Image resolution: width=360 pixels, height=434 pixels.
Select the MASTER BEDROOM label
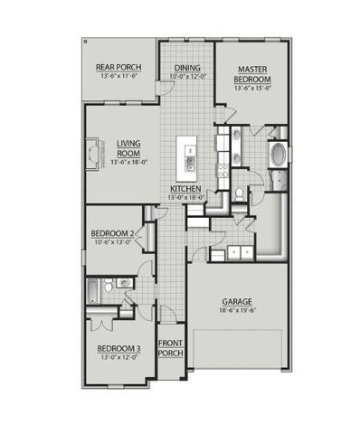tap(254, 73)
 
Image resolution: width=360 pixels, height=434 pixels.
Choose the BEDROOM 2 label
tap(113, 233)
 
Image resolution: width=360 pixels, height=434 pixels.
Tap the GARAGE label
tap(239, 301)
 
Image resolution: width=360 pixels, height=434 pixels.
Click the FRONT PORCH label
tap(171, 348)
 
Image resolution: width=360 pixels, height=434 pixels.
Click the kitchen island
tap(190, 156)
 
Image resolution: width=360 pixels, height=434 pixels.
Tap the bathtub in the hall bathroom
tap(93, 288)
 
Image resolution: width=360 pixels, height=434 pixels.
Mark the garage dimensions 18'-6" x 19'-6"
tap(239, 310)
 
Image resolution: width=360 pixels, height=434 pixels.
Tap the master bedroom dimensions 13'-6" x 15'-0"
tap(254, 89)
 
